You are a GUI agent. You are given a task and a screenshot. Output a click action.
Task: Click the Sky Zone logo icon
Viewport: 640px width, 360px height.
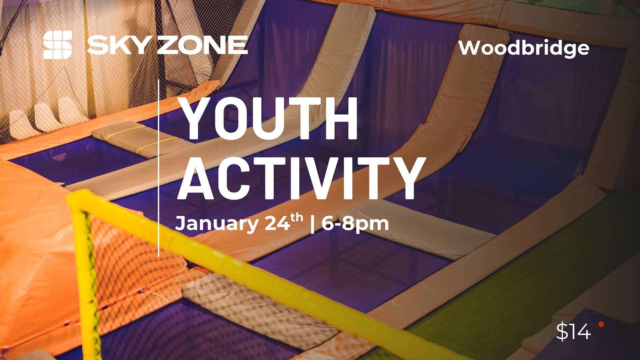pyautogui.click(x=58, y=45)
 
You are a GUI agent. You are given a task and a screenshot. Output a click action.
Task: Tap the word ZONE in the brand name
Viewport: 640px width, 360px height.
pyautogui.click(x=202, y=45)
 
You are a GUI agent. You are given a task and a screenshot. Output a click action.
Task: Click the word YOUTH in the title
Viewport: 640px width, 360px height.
pyautogui.click(x=268, y=119)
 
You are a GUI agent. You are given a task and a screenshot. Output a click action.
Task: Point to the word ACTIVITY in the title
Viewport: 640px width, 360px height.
pyautogui.click(x=302, y=178)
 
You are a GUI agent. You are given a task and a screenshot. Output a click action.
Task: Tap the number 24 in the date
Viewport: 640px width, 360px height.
pyautogui.click(x=277, y=223)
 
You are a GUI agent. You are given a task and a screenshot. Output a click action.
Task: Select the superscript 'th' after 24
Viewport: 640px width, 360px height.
pyautogui.click(x=297, y=217)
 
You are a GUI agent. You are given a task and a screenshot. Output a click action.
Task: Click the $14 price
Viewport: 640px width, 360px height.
pyautogui.click(x=573, y=332)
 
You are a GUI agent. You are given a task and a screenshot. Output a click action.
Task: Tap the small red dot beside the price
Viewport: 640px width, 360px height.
pyautogui.click(x=601, y=324)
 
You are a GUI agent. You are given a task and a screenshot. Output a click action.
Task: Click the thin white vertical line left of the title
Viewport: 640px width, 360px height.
pyautogui.click(x=158, y=168)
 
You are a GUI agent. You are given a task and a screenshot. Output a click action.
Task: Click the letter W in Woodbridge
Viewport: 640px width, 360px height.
pyautogui.click(x=471, y=48)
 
